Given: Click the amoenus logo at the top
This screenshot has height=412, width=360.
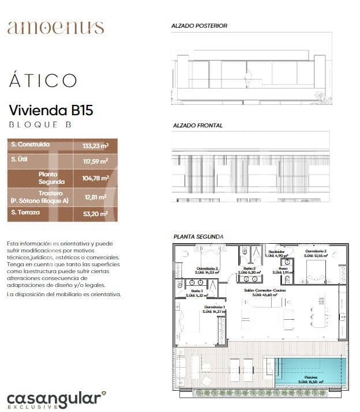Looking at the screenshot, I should [x=55, y=27].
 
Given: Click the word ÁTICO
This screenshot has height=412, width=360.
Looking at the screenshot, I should [x=43, y=81].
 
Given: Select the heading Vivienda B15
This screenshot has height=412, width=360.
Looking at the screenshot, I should [x=51, y=110].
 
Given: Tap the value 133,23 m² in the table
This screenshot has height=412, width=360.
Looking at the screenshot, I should [x=95, y=146].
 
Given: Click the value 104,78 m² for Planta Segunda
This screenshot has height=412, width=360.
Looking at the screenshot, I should [x=95, y=178].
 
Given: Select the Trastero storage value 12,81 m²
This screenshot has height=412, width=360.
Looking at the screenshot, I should [x=96, y=197].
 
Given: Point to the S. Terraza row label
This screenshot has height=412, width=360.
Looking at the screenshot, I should [x=26, y=213].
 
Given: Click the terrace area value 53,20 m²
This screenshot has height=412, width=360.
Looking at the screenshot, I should [x=95, y=214].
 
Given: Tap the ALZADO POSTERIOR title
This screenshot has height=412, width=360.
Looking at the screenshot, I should [x=199, y=26].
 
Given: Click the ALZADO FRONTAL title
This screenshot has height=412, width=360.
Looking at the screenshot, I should [x=198, y=125].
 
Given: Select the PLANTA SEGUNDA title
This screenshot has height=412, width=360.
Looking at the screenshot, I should [x=198, y=237].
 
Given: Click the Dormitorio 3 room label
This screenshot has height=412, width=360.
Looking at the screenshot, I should [x=208, y=269].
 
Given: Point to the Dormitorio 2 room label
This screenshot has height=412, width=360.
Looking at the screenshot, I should [x=316, y=252].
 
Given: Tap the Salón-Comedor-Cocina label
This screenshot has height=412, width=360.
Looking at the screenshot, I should [x=264, y=291].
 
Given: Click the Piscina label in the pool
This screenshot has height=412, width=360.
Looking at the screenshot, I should [x=311, y=377].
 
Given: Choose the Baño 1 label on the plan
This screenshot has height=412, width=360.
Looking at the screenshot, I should [x=197, y=293].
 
